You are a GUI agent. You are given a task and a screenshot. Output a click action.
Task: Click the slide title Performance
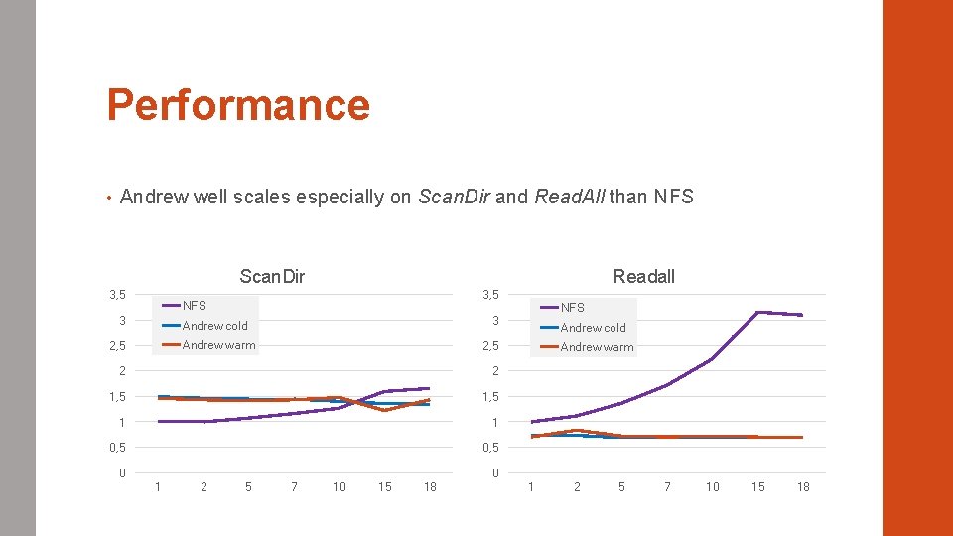coord(238,105)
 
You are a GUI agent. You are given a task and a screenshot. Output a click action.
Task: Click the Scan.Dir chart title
coord(272,276)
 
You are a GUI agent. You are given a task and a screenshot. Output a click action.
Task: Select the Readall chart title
coord(643,276)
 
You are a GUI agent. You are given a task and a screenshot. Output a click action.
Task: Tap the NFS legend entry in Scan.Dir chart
coord(195,306)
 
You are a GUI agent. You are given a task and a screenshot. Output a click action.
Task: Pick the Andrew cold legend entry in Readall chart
coord(593,328)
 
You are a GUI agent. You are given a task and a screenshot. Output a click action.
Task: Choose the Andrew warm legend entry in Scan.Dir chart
coord(218,345)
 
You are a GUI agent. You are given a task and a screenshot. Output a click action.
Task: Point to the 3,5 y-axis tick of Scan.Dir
coord(118,295)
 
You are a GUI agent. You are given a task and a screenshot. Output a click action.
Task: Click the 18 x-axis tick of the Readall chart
coord(803,486)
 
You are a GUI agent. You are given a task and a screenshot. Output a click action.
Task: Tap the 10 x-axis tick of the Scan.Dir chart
coord(340,486)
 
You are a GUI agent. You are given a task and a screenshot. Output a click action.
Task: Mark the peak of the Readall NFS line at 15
coord(757,312)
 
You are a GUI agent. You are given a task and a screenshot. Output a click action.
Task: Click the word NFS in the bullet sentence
coord(674,197)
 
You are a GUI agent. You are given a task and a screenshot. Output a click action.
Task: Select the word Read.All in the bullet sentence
coord(569,197)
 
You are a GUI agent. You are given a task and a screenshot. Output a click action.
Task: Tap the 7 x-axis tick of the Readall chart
coord(667,486)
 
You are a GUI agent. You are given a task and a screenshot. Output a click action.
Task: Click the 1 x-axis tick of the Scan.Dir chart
coord(158,486)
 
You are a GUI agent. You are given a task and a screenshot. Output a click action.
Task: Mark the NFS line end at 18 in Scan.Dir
coord(429,388)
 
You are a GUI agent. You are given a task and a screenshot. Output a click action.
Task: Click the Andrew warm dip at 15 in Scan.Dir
coord(384,410)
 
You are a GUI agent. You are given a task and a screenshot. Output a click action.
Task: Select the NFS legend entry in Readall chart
coord(573,308)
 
